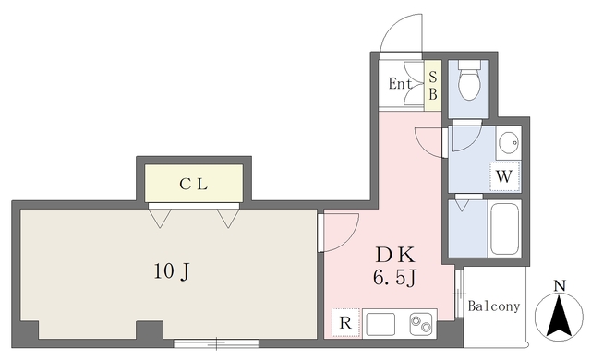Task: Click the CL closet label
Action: [193, 184]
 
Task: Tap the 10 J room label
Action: [172, 271]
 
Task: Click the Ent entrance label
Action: [400, 85]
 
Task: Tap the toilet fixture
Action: [468, 81]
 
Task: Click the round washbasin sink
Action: [507, 143]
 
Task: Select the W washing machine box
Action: [504, 175]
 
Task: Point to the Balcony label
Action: [494, 306]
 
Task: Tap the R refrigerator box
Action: [344, 323]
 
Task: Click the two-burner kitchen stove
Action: [421, 324]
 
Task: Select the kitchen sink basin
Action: [380, 324]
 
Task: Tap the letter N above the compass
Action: [560, 285]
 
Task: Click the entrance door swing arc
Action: [404, 32]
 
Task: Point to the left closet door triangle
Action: [160, 218]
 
